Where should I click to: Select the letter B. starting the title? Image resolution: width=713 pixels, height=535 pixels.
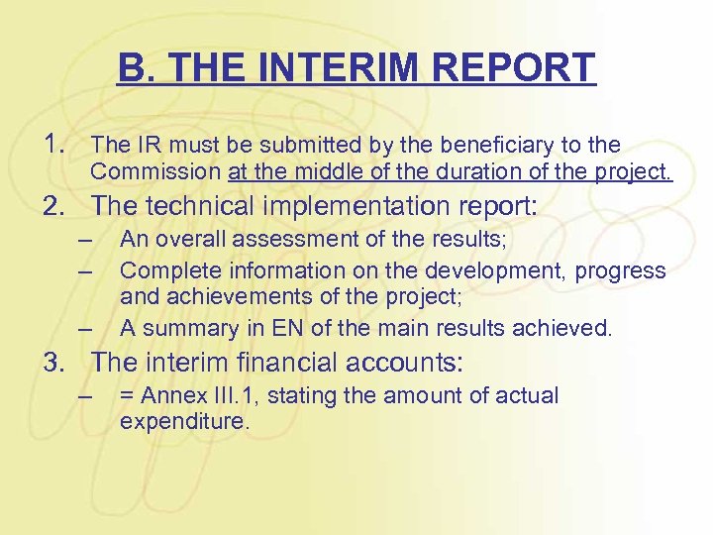132,68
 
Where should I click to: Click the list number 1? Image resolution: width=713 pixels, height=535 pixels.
54,146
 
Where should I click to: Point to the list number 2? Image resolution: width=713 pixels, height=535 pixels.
54,206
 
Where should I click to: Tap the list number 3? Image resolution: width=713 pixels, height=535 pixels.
54,363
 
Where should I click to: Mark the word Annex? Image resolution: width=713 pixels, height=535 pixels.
169,396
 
